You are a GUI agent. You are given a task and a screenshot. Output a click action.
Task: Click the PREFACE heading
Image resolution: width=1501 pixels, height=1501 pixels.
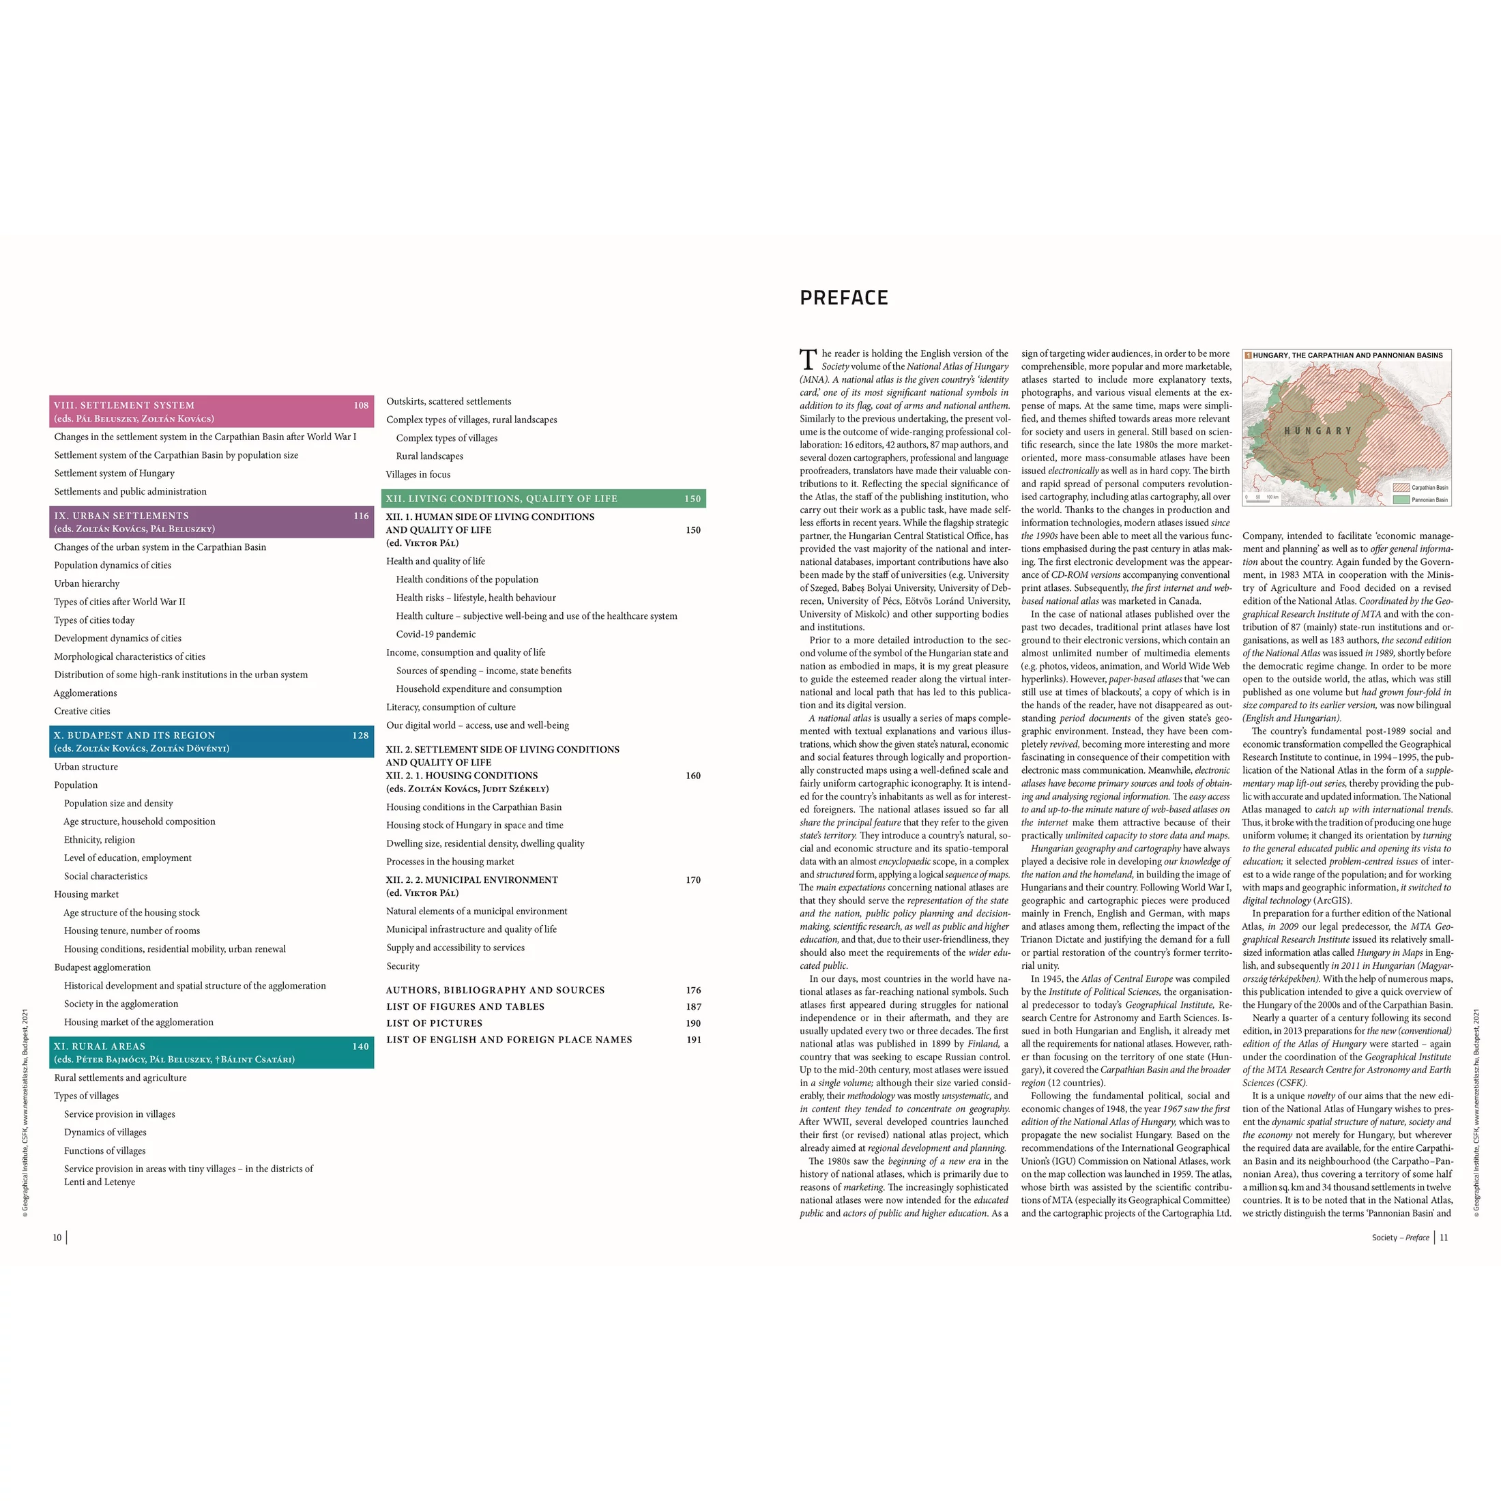click(844, 297)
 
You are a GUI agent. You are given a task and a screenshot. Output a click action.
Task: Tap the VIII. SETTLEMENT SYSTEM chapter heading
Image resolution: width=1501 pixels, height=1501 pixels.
click(124, 405)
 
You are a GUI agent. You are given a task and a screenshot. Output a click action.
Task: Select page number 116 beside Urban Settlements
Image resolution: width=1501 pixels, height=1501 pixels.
click(362, 516)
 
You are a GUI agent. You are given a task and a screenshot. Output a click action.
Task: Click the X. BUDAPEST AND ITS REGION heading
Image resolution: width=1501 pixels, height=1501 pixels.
click(134, 735)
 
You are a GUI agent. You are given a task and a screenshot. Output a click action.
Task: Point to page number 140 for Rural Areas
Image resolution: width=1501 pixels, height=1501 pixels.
click(360, 1047)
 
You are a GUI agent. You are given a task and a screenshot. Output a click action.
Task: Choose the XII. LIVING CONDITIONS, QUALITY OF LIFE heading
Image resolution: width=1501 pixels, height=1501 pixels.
click(502, 499)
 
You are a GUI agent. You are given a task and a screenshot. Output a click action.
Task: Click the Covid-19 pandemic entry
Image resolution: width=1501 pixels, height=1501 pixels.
click(436, 634)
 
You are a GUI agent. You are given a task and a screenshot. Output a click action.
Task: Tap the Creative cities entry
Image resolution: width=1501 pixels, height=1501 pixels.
click(83, 711)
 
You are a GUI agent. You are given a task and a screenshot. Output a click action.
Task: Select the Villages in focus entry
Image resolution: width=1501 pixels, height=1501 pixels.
click(418, 474)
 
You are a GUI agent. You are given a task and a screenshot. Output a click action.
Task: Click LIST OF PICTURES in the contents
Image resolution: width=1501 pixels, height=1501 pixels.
click(435, 1023)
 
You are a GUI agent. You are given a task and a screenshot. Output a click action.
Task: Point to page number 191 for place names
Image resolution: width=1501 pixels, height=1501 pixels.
click(694, 1040)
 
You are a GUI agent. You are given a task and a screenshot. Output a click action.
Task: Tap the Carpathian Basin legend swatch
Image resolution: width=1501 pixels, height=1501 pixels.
click(1401, 487)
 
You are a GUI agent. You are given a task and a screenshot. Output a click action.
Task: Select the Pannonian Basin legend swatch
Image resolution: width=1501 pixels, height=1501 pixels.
click(1401, 499)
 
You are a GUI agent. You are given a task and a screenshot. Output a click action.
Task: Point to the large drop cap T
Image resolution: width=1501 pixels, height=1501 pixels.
click(808, 360)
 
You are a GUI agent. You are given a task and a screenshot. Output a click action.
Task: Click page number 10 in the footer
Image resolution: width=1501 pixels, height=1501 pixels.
click(57, 1238)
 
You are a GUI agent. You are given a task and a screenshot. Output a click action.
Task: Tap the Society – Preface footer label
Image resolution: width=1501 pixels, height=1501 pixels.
click(1400, 1238)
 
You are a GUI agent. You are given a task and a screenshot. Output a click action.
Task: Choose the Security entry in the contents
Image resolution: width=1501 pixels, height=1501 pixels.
click(403, 965)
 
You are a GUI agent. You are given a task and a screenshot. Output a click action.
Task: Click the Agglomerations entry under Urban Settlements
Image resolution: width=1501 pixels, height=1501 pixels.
click(85, 693)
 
